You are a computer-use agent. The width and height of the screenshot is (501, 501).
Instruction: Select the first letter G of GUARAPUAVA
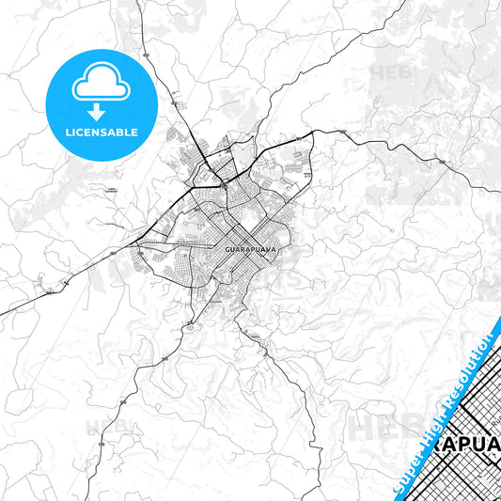pos(228,249)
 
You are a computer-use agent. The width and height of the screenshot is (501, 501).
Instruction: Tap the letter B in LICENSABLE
pos(122,133)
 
